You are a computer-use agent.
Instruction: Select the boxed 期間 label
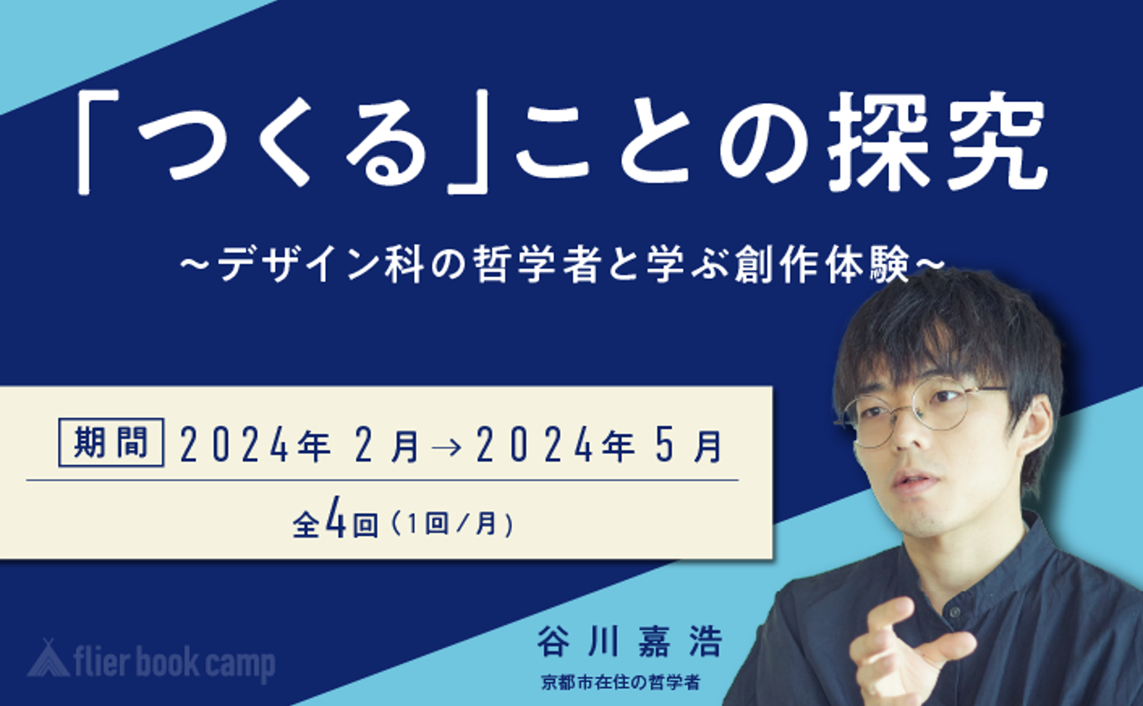pos(110,443)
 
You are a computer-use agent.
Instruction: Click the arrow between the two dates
pos(447,449)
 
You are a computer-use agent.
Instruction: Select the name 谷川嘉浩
pos(629,642)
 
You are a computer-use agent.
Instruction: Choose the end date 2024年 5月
pos(600,448)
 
